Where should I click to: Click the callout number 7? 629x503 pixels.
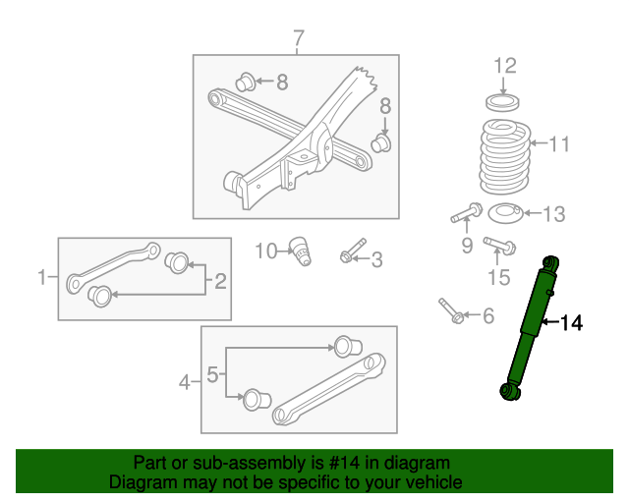click(298, 39)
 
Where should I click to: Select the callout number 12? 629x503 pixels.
click(504, 67)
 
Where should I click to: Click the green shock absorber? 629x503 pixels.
click(530, 328)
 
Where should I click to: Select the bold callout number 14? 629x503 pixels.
click(571, 322)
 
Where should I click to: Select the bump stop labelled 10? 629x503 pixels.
click(301, 251)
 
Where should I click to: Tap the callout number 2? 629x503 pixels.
click(220, 282)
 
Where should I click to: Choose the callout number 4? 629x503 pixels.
click(185, 381)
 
